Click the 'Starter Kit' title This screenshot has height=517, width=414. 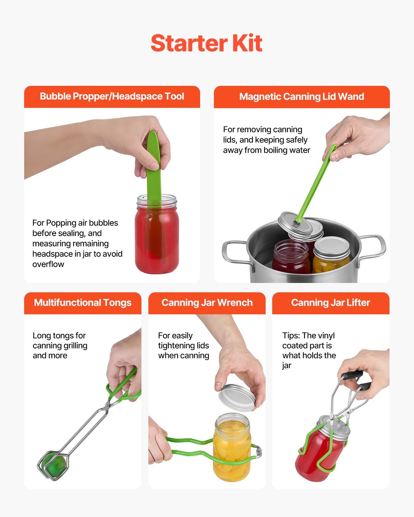(206, 43)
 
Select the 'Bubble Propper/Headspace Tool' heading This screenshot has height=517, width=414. (112, 97)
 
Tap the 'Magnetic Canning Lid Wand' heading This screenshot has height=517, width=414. (302, 97)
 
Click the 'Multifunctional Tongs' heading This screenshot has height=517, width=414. (82, 303)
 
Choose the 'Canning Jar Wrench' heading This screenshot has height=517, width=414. (207, 303)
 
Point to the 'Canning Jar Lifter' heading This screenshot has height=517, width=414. (330, 303)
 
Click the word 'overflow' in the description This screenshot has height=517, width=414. (48, 264)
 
